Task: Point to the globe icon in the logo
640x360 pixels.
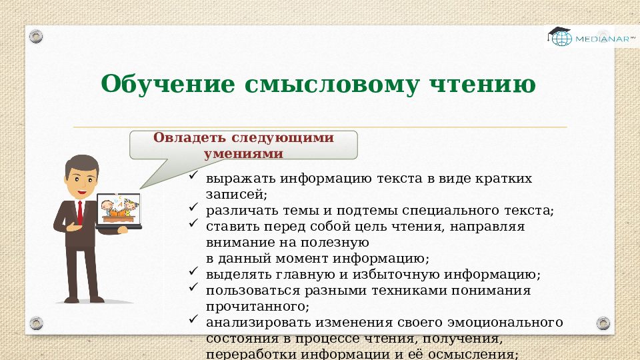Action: click(561, 39)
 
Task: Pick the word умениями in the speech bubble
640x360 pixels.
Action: click(243, 153)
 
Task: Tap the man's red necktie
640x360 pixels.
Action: click(79, 211)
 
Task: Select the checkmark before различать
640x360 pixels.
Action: click(192, 209)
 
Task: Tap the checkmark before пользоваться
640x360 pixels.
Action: click(192, 289)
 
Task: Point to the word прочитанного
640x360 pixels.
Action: click(257, 307)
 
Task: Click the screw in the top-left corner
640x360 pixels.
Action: click(36, 35)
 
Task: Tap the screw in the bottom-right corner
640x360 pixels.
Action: click(603, 323)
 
